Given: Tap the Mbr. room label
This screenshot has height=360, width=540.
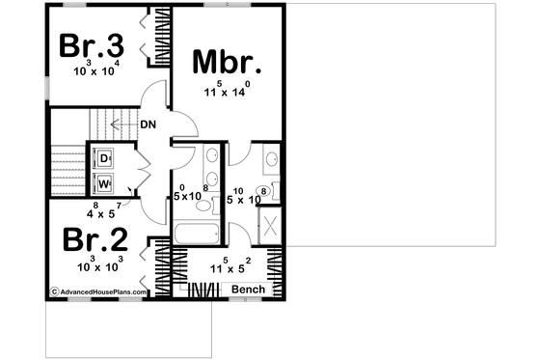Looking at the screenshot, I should click(228, 63).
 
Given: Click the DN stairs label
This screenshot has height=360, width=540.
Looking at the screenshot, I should click(148, 124).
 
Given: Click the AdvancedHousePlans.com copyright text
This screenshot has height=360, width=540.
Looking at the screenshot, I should click(95, 291).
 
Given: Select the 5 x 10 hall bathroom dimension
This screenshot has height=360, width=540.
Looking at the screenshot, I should click(189, 194).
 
